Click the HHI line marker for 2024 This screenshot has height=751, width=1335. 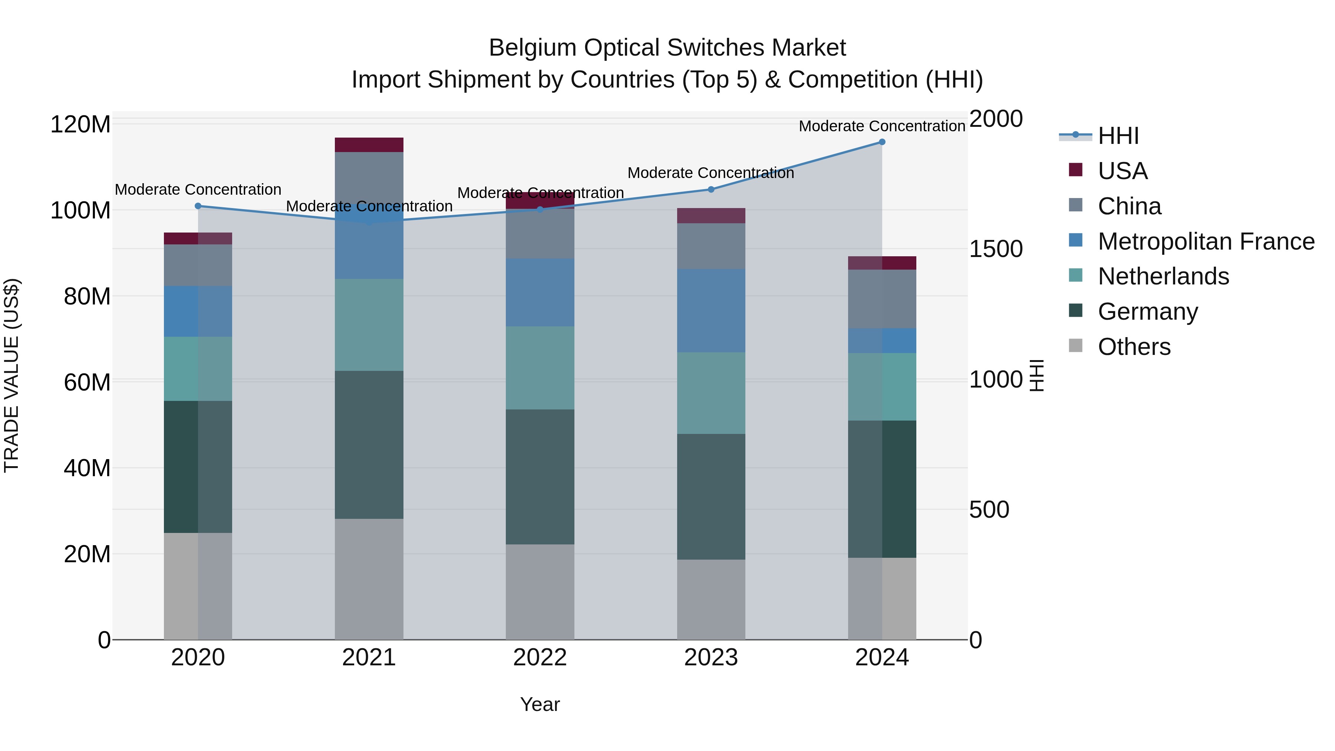pyautogui.click(x=882, y=142)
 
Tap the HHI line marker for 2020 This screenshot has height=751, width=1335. pyautogui.click(x=198, y=206)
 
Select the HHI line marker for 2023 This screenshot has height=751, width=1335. pyautogui.click(x=711, y=189)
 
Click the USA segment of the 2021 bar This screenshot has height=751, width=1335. pyautogui.click(x=369, y=145)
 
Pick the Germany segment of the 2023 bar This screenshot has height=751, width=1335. pyautogui.click(x=711, y=497)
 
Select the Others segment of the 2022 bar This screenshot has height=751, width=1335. pyautogui.click(x=540, y=592)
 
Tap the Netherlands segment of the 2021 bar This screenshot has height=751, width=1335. pyautogui.click(x=369, y=325)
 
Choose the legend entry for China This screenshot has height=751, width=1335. pyautogui.click(x=1129, y=206)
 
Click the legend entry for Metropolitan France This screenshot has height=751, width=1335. pyautogui.click(x=1206, y=241)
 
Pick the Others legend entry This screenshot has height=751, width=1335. pyautogui.click(x=1134, y=347)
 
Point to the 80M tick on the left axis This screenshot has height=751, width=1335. pyautogui.click(x=86, y=296)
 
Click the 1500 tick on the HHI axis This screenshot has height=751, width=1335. pyautogui.click(x=996, y=249)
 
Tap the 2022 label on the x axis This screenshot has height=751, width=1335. pyautogui.click(x=540, y=658)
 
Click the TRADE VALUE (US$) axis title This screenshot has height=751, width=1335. pyautogui.click(x=11, y=375)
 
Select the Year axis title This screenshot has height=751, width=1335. pyautogui.click(x=540, y=704)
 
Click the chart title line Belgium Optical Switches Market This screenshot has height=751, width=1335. pyautogui.click(x=667, y=48)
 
